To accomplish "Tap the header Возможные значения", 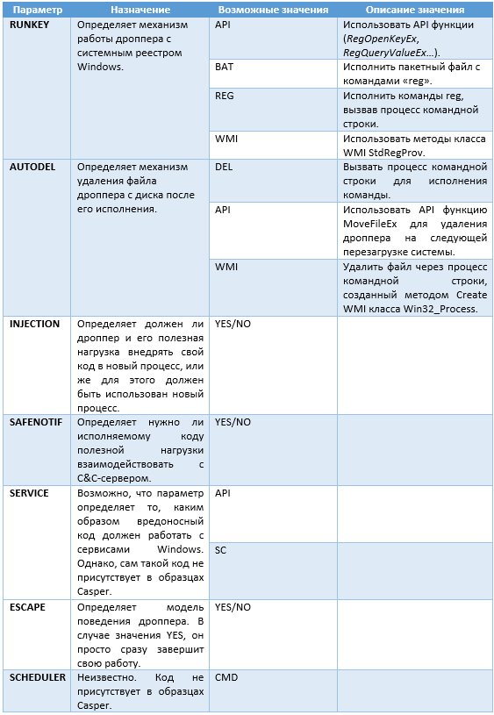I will click(x=273, y=10).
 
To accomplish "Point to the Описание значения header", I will click(x=415, y=10).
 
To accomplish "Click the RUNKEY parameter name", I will click(x=30, y=25).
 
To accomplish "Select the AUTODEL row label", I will click(x=33, y=166).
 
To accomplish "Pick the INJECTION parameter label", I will click(x=35, y=324).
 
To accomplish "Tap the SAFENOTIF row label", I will click(x=36, y=422).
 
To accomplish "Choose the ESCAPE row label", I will click(x=27, y=607).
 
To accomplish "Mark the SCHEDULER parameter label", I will click(x=38, y=678).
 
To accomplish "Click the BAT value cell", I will click(x=224, y=67).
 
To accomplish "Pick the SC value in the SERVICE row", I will click(x=220, y=550).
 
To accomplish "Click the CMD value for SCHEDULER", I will click(x=226, y=678).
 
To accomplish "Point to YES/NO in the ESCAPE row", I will click(x=233, y=607).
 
